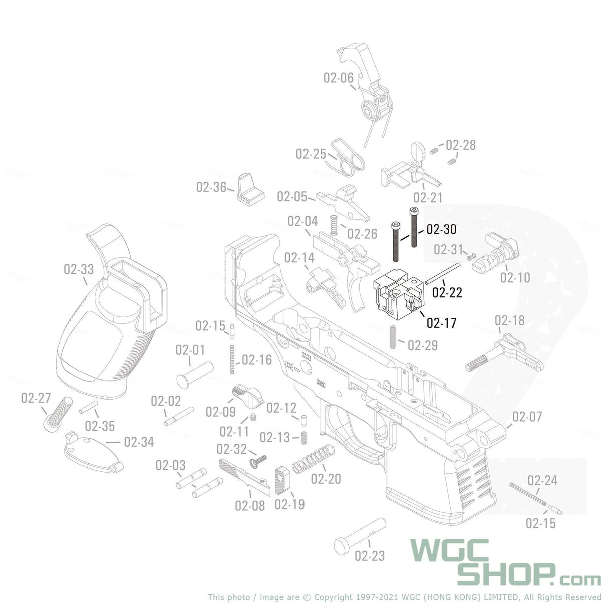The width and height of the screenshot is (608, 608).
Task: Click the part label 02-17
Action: pos(441,323)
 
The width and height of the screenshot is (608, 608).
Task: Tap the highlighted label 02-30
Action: pos(441,229)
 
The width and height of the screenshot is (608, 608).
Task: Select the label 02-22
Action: pos(447,292)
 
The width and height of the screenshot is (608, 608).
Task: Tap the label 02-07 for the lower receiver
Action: pos(527,417)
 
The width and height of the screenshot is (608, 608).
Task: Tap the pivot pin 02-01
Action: pos(195,374)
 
